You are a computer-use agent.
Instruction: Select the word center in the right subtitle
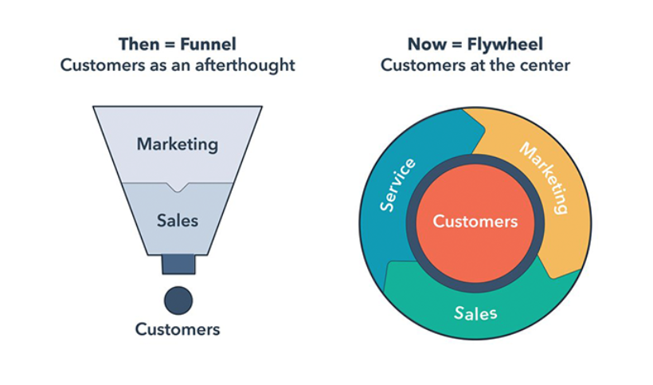(x=545, y=65)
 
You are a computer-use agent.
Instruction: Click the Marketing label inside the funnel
(x=177, y=144)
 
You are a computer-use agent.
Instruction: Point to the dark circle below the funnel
(x=178, y=301)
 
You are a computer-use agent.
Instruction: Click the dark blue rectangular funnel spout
(x=178, y=265)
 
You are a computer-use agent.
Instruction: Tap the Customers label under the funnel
(x=178, y=328)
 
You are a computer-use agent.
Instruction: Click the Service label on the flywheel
(x=398, y=185)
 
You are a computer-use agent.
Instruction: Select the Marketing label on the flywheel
(x=544, y=178)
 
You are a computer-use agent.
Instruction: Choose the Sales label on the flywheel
(x=475, y=312)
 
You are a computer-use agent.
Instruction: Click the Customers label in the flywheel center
(x=475, y=222)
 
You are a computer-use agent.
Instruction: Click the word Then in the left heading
(x=136, y=44)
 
